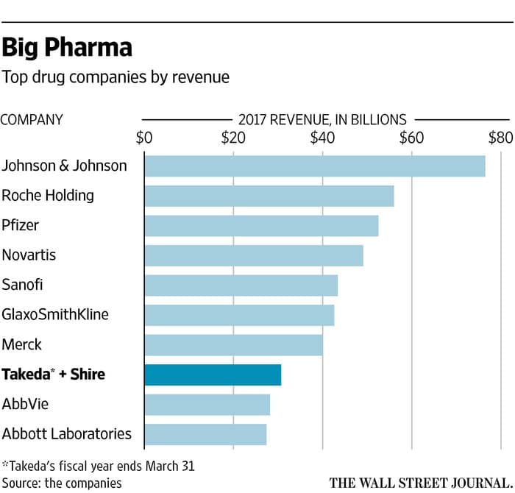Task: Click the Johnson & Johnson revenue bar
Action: (315, 166)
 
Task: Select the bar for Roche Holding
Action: (269, 196)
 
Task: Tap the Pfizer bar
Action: (261, 226)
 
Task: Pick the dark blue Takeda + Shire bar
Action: (213, 375)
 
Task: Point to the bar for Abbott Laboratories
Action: (205, 434)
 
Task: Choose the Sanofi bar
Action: (241, 285)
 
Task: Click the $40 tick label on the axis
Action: (322, 137)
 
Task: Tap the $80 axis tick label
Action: (500, 137)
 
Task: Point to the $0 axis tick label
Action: (144, 137)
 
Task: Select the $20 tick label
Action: (233, 137)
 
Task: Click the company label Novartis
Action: (29, 255)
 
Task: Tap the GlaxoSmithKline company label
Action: (55, 315)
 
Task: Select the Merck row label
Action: (22, 344)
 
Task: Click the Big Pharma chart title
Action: (67, 48)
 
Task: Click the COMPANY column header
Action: (32, 119)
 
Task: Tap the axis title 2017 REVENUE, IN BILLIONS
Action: (322, 118)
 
